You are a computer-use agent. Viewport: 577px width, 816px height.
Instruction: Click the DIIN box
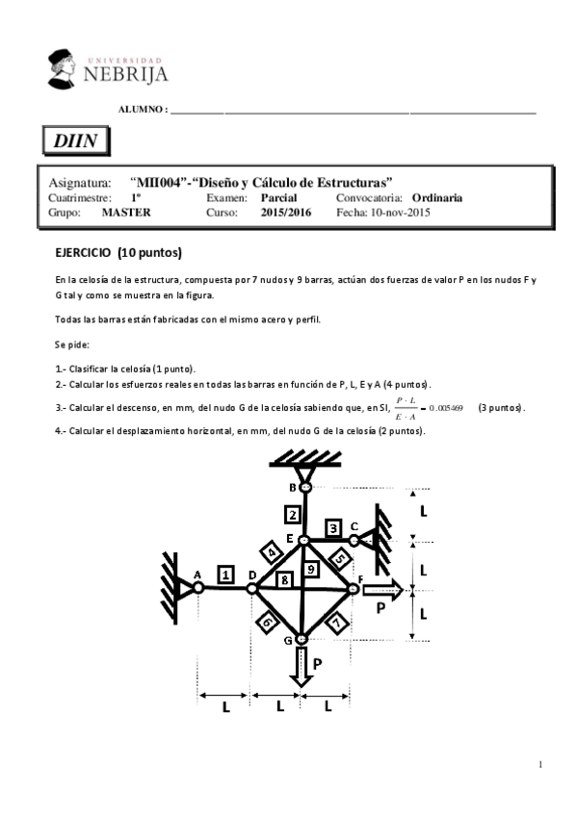75,141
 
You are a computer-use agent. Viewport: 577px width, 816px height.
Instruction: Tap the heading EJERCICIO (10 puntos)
118,253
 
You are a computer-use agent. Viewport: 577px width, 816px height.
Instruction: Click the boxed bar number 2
290,513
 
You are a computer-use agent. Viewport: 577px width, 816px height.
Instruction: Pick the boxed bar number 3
333,527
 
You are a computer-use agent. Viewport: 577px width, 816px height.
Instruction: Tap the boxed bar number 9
310,570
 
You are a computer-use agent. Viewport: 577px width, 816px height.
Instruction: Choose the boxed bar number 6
266,622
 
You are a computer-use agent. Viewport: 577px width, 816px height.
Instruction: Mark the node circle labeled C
354,541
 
